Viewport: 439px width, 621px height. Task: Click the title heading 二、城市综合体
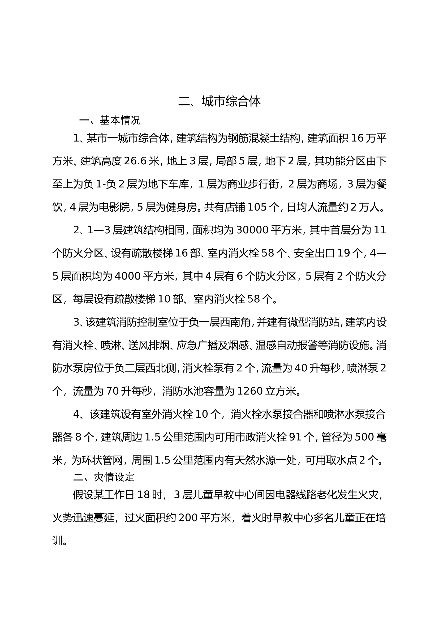pyautogui.click(x=219, y=101)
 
